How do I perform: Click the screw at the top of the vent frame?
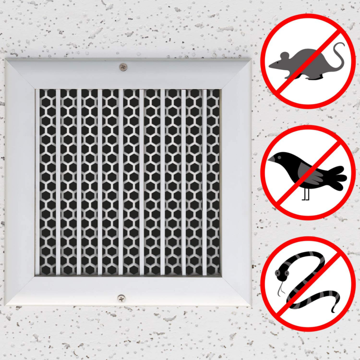122,67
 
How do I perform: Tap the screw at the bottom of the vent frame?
121,298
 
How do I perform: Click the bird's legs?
306,193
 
